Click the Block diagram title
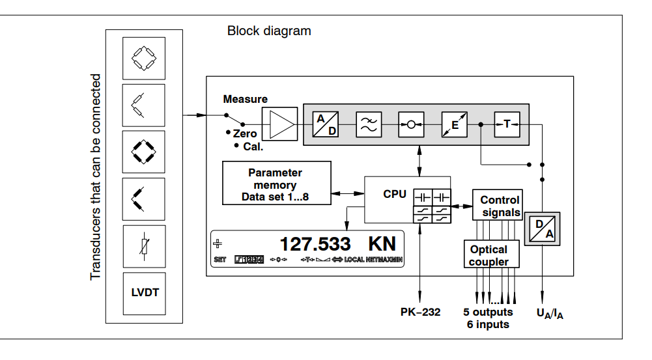pyautogui.click(x=269, y=31)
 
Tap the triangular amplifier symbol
pyautogui.click(x=279, y=124)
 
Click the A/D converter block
pyautogui.click(x=324, y=124)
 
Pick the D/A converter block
pyautogui.click(x=542, y=228)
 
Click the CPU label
pyautogui.click(x=395, y=193)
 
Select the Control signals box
pyautogui.click(x=500, y=206)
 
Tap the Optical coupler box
pyautogui.click(x=489, y=255)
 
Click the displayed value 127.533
pyautogui.click(x=315, y=245)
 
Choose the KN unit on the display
pyautogui.click(x=382, y=245)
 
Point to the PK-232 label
pyautogui.click(x=420, y=312)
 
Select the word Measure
pyautogui.click(x=245, y=100)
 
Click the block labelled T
pyautogui.click(x=506, y=124)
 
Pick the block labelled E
pyautogui.click(x=455, y=124)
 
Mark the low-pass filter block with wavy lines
pyautogui.click(x=368, y=124)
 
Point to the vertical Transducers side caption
pyautogui.click(x=96, y=176)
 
